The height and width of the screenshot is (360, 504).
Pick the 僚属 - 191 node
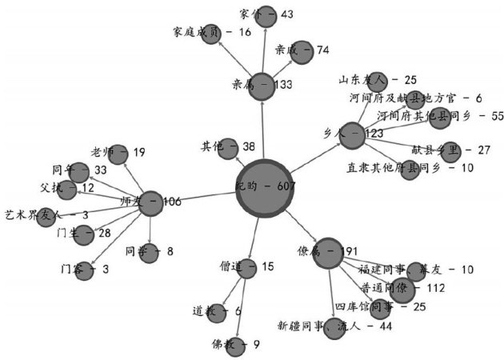point(329,252)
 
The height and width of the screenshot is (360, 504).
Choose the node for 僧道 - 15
point(249,268)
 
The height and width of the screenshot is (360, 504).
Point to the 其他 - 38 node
point(229,147)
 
